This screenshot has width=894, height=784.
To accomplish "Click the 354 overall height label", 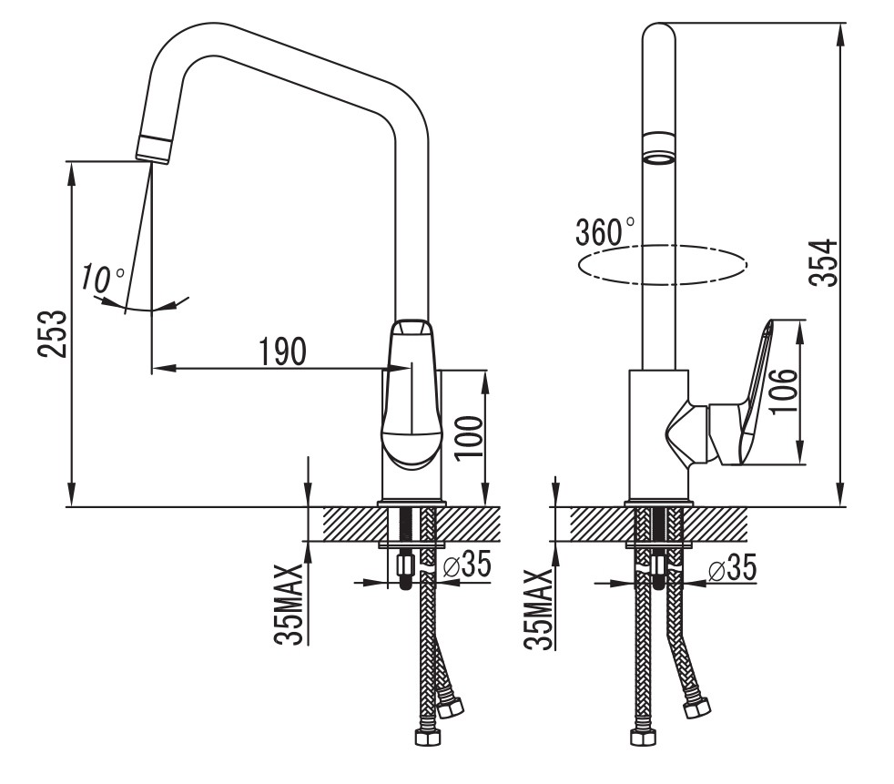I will (x=822, y=263).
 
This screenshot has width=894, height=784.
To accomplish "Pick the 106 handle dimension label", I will (x=782, y=392).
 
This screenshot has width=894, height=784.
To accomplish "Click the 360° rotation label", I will (x=605, y=231).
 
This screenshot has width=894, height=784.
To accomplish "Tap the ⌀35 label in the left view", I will (x=466, y=565).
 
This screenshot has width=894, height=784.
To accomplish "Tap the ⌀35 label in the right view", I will (x=731, y=570).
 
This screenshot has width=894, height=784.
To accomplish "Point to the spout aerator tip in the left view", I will (x=154, y=148).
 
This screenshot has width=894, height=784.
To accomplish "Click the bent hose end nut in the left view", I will (x=450, y=703).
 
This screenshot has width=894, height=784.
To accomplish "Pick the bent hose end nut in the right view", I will (x=698, y=707).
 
